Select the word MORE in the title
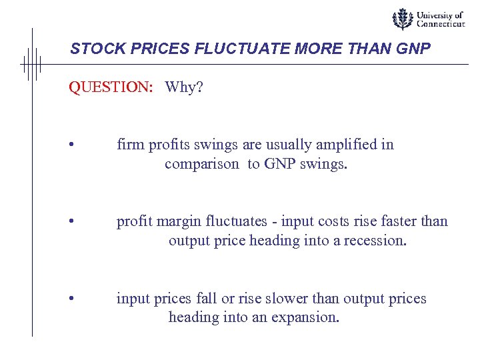[290, 49]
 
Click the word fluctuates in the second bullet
[242, 221]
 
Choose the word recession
[374, 240]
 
